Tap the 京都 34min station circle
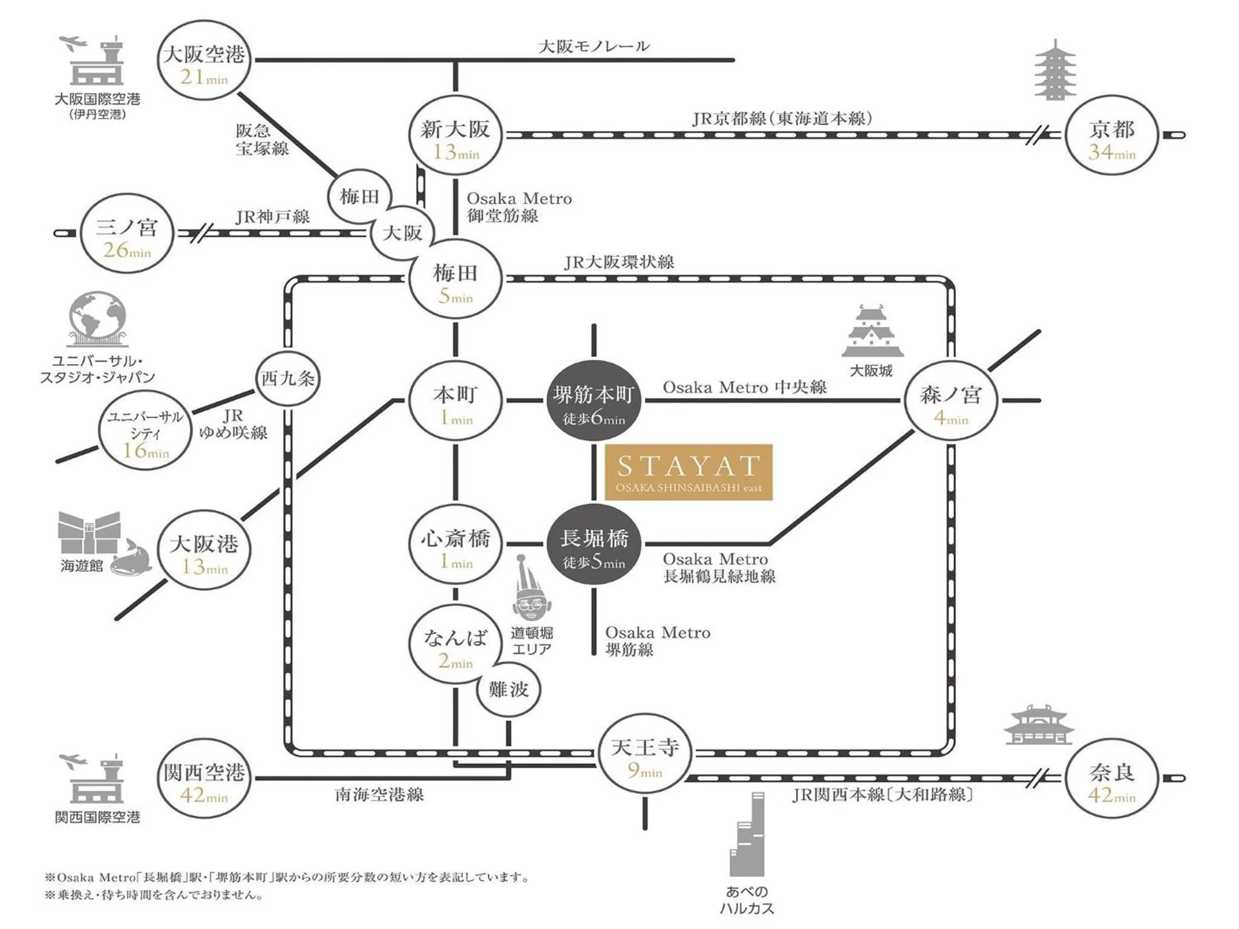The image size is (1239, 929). point(1112,135)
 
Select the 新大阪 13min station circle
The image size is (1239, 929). point(456,136)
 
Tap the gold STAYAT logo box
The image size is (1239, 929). point(689,472)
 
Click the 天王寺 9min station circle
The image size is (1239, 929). point(645,757)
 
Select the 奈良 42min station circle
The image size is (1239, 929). point(1112,780)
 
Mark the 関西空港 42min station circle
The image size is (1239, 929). point(204,780)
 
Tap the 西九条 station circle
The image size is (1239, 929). point(287,379)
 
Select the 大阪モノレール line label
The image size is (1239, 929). point(593,47)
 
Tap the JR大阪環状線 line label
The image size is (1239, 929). point(619,262)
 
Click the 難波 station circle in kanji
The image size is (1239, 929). point(508,689)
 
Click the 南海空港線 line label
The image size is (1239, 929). point(379,795)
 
